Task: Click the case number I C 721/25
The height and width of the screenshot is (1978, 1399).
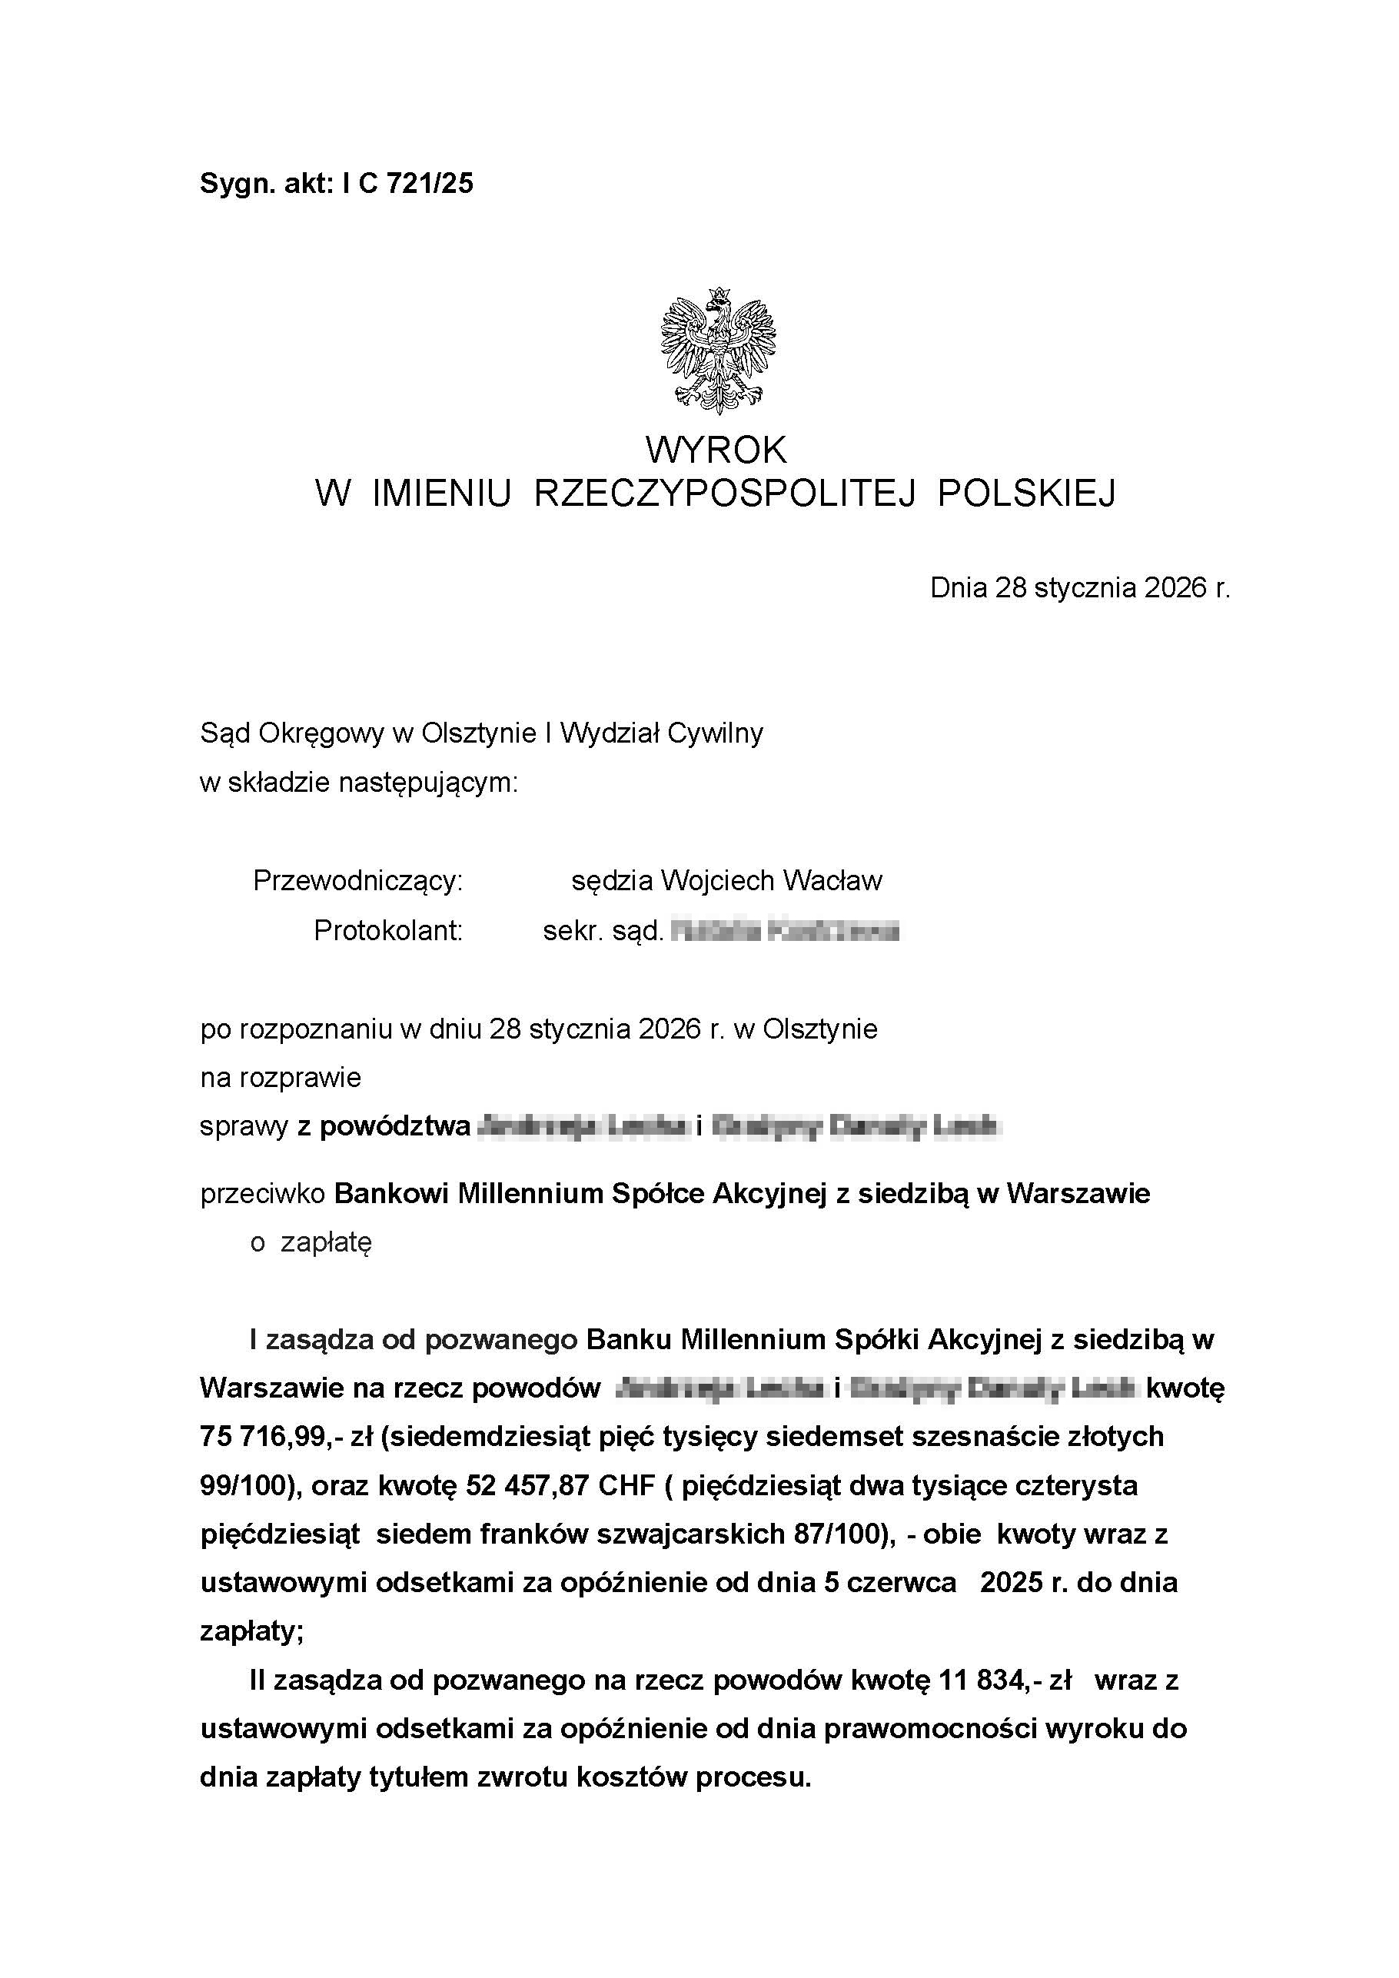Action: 407,185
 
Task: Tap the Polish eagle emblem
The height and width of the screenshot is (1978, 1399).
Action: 718,351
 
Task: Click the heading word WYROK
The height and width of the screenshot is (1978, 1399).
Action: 716,450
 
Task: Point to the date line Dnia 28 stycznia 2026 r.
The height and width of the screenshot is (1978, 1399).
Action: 1079,587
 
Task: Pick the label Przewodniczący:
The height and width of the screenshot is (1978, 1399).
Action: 357,880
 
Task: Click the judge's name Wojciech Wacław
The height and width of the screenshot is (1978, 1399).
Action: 771,880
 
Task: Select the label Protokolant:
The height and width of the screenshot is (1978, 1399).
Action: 387,930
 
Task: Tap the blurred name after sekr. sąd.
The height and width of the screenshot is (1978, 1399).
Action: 785,931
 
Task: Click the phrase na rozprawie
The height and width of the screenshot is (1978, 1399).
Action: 280,1078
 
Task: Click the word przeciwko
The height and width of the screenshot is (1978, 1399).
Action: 263,1193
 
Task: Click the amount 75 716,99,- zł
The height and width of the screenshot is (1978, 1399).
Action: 285,1436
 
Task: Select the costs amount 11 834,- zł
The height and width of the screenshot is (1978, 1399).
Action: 1005,1680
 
